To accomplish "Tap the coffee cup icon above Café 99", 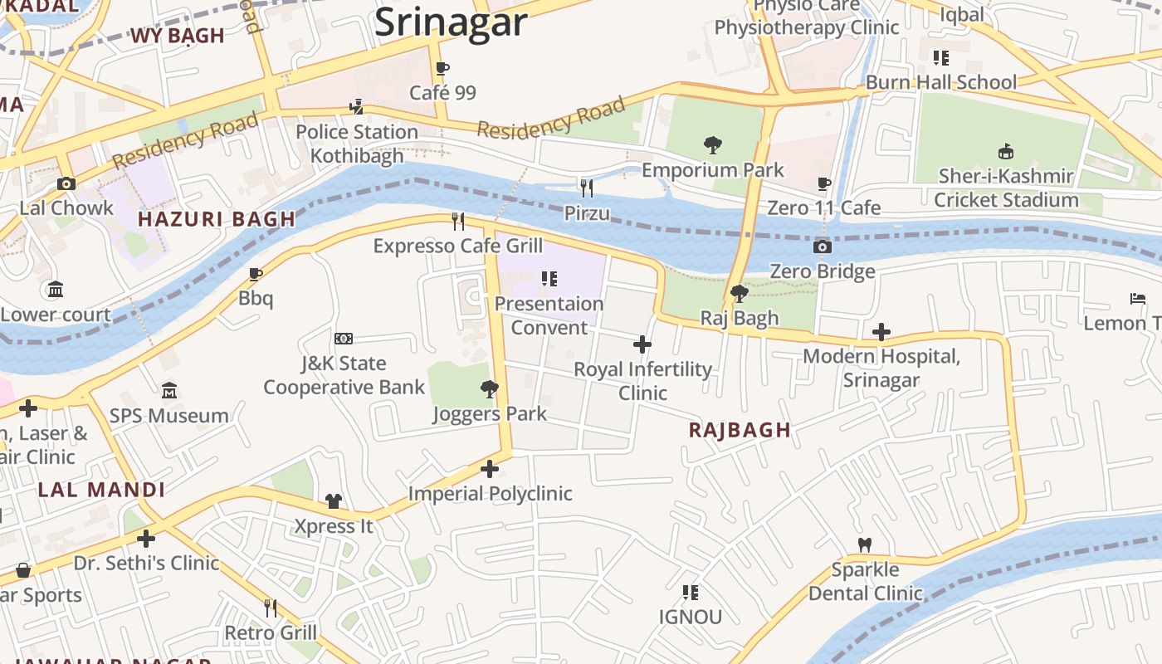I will pyautogui.click(x=442, y=68).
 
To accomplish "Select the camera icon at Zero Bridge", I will pyautogui.click(x=822, y=247).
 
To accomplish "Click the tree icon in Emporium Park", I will pyautogui.click(x=712, y=145).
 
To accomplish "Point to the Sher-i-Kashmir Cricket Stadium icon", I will pyautogui.click(x=1005, y=151).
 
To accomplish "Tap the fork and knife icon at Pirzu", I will pyautogui.click(x=587, y=188).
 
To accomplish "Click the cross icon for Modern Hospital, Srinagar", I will pyautogui.click(x=881, y=333).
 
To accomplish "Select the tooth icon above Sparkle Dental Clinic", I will pyautogui.click(x=864, y=545).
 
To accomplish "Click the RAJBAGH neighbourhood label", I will pyautogui.click(x=740, y=430).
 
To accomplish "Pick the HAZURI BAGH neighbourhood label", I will pyautogui.click(x=217, y=219).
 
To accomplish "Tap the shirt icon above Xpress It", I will pyautogui.click(x=334, y=501).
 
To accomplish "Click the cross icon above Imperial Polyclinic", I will pyautogui.click(x=490, y=469).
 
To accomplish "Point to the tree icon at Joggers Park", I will pyautogui.click(x=490, y=388).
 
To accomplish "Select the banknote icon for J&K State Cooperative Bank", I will pyautogui.click(x=344, y=339).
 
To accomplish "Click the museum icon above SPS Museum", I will pyautogui.click(x=169, y=391).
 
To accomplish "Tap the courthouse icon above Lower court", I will pyautogui.click(x=56, y=290).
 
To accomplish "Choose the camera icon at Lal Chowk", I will pyautogui.click(x=66, y=183).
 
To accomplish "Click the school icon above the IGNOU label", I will pyautogui.click(x=690, y=592).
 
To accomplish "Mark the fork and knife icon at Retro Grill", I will pyautogui.click(x=271, y=608).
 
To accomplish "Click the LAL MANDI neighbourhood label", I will pyautogui.click(x=102, y=490).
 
